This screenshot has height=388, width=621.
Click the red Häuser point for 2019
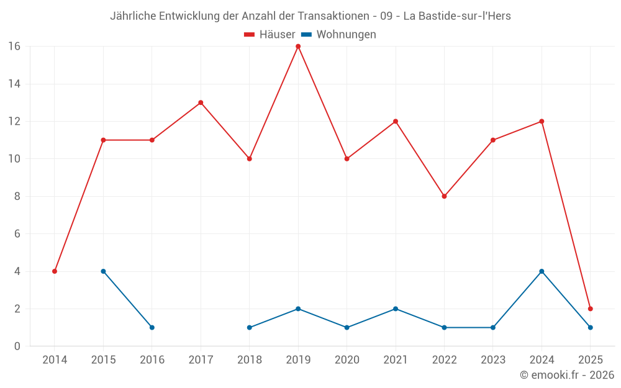[x=298, y=47]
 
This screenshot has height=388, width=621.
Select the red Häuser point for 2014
[x=55, y=271]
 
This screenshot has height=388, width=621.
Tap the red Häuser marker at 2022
[x=444, y=196]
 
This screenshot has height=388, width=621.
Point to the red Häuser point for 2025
[x=590, y=309]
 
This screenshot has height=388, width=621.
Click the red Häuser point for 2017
[x=201, y=102]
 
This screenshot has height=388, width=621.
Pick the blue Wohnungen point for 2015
[x=103, y=271]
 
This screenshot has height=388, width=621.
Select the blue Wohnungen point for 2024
[x=542, y=271]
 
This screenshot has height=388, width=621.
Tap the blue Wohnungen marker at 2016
[x=152, y=327]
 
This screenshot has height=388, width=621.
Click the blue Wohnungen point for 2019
[x=298, y=309]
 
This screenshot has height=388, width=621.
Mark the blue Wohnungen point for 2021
[x=396, y=309]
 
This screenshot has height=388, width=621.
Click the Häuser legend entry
[x=270, y=35]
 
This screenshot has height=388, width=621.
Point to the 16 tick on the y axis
[x=14, y=47]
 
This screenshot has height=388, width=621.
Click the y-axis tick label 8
[x=17, y=196]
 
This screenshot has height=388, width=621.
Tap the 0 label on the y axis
[x=17, y=346]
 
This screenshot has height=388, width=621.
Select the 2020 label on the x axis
[x=347, y=360]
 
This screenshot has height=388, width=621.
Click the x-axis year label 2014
[x=55, y=360]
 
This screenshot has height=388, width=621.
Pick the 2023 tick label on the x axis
[x=493, y=360]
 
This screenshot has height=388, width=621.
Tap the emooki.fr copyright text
[x=566, y=375]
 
